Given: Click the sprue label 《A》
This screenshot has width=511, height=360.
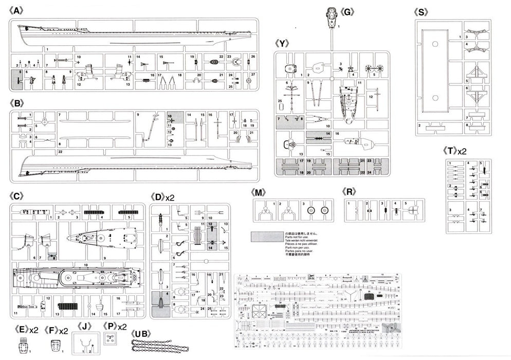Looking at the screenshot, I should tap(17, 10).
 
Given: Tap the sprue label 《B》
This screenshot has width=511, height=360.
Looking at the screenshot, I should tap(17, 103).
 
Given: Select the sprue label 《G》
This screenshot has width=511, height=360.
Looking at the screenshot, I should tap(348, 10).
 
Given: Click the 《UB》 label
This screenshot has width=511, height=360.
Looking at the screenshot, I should tap(142, 333).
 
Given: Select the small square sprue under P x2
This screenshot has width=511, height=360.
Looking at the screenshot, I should tap(109, 339).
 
